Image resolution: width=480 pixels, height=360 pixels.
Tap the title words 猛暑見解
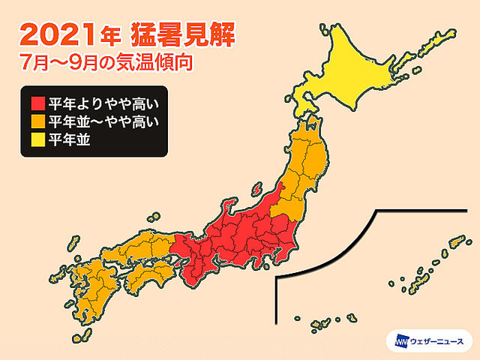pos(179,34)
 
